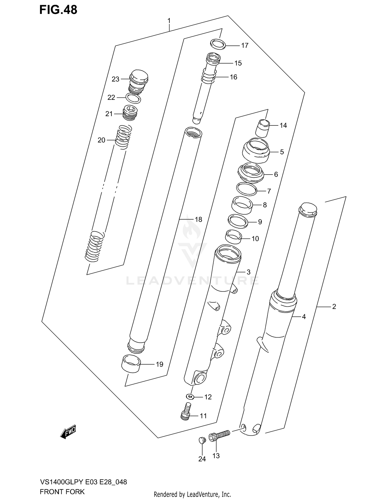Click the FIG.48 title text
pos(58,10)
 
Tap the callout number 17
pos(245,46)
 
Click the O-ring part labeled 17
pos(218,44)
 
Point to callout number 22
pos(111,98)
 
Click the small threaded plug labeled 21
pos(131,113)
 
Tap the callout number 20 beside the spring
pos(101,140)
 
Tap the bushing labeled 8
pos(242,205)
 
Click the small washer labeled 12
pos(190,397)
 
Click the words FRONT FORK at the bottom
pos(62,492)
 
